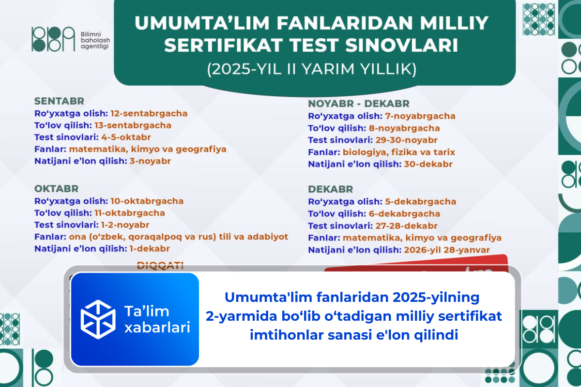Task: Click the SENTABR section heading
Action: pyautogui.click(x=59, y=101)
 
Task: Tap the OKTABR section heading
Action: pyautogui.click(x=56, y=188)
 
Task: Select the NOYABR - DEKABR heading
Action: pyautogui.click(x=359, y=104)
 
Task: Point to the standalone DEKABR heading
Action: pyautogui.click(x=331, y=189)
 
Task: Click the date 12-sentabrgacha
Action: pyautogui.click(x=149, y=113)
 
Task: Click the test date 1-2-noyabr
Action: pyautogui.click(x=125, y=225)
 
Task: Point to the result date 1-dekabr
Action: pyautogui.click(x=150, y=249)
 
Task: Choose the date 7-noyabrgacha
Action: pyautogui.click(x=420, y=116)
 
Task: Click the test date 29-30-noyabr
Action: pyautogui.click(x=406, y=140)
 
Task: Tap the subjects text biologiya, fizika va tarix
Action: pyautogui.click(x=399, y=152)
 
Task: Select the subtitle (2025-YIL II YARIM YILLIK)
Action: pyautogui.click(x=312, y=69)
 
